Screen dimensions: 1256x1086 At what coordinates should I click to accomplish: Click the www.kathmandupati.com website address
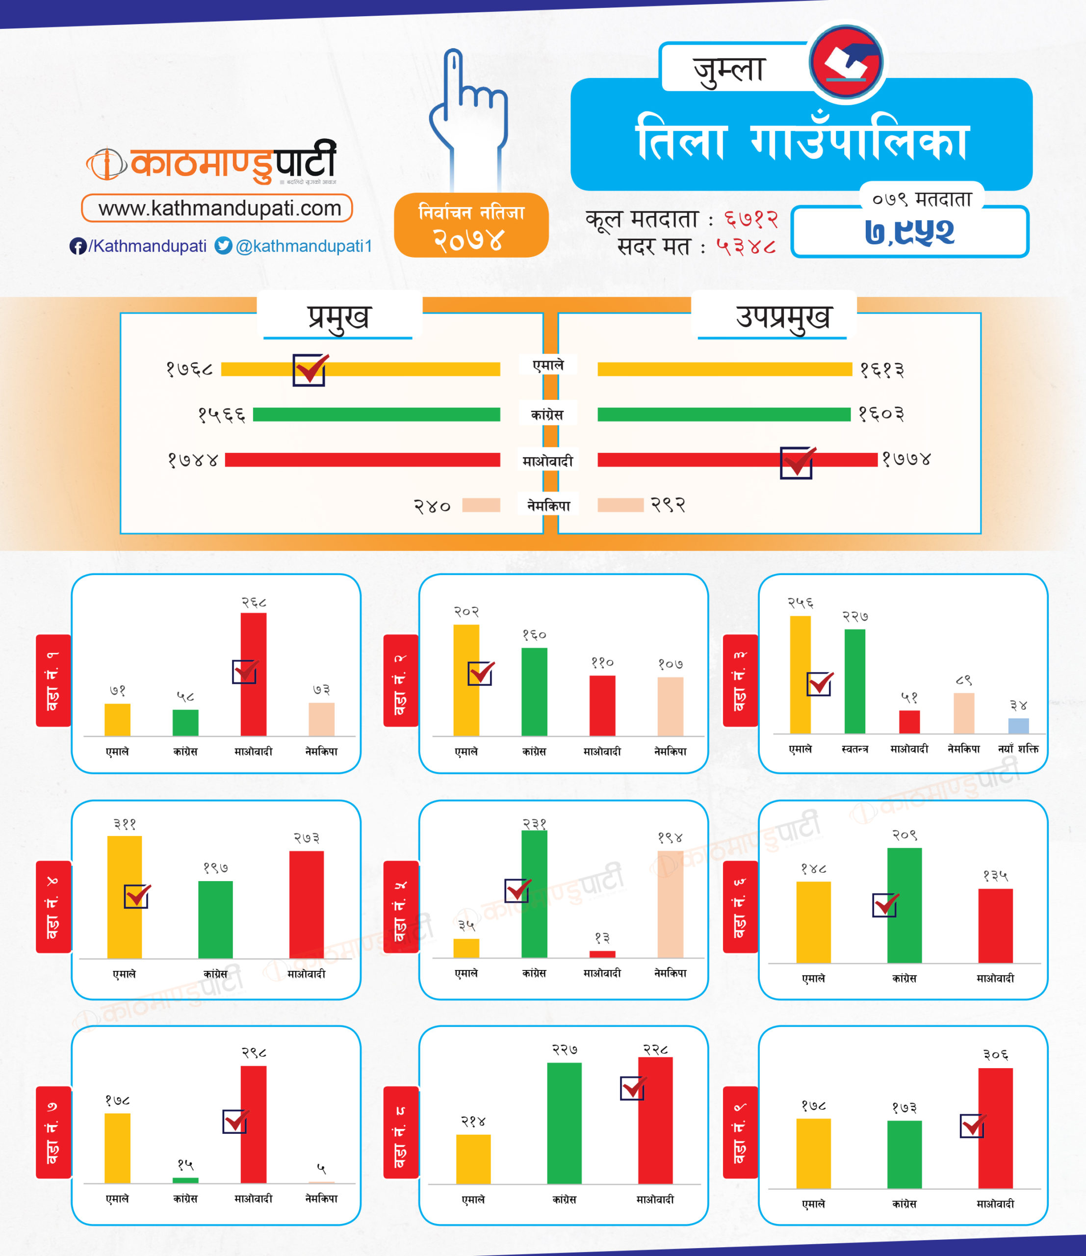tap(217, 208)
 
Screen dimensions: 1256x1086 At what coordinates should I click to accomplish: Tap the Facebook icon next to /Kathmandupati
tap(78, 246)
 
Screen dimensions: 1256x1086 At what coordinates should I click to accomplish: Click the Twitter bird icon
tap(224, 245)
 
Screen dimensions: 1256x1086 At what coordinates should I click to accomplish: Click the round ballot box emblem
tap(847, 62)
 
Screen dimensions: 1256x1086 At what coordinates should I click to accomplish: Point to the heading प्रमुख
tap(339, 316)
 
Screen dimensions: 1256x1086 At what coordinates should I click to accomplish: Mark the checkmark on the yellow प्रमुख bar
tap(310, 369)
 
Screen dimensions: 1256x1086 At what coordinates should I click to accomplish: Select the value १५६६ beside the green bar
tap(222, 415)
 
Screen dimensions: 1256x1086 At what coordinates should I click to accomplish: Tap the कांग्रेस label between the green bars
tap(547, 415)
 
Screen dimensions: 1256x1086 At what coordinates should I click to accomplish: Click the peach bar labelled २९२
tap(620, 505)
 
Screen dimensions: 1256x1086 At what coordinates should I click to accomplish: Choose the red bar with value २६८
tap(253, 674)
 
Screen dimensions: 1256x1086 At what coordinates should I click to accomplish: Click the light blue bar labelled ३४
tap(1018, 726)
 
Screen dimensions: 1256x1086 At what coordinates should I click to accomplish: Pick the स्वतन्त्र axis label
tap(854, 749)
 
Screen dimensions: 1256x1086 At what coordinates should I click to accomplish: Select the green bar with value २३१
tap(534, 893)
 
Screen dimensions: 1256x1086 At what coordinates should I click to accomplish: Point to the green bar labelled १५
tap(185, 1180)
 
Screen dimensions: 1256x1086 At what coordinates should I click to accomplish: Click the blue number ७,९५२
tap(909, 232)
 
